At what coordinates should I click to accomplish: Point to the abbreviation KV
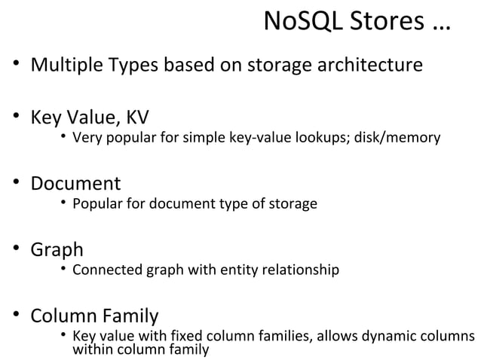point(136,118)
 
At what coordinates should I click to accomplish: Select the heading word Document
point(75,183)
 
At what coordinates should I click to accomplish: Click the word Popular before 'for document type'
point(96,203)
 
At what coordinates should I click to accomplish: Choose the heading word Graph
point(57,249)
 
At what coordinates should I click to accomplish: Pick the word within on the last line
point(91,349)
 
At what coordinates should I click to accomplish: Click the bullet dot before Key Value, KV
point(16,118)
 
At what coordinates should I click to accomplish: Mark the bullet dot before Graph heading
point(16,249)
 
